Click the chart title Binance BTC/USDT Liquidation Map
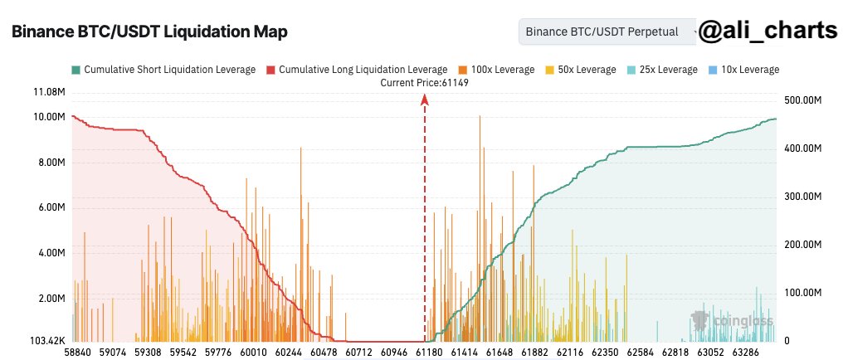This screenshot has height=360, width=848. click(149, 32)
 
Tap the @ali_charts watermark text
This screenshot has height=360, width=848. click(767, 32)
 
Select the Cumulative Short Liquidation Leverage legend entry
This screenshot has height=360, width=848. click(164, 70)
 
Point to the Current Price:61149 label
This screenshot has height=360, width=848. click(424, 82)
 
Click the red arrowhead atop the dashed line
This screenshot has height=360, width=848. click(425, 100)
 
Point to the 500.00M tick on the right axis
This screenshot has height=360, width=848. click(803, 100)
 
